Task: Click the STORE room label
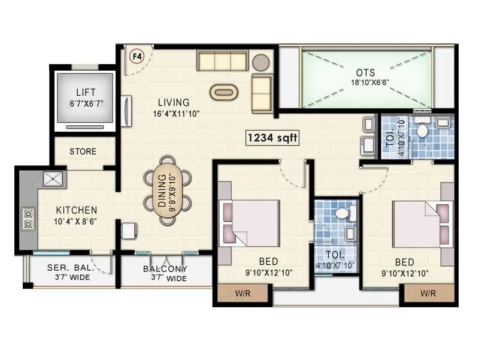pyautogui.click(x=83, y=152)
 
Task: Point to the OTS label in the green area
pyautogui.click(x=366, y=72)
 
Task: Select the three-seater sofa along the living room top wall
pyautogui.click(x=222, y=60)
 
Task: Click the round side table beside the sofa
pyautogui.click(x=260, y=62)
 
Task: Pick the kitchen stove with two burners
pyautogui.click(x=28, y=219)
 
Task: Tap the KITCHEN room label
pyautogui.click(x=77, y=210)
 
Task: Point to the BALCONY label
pyautogui.click(x=165, y=269)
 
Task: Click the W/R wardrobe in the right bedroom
pyautogui.click(x=428, y=294)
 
